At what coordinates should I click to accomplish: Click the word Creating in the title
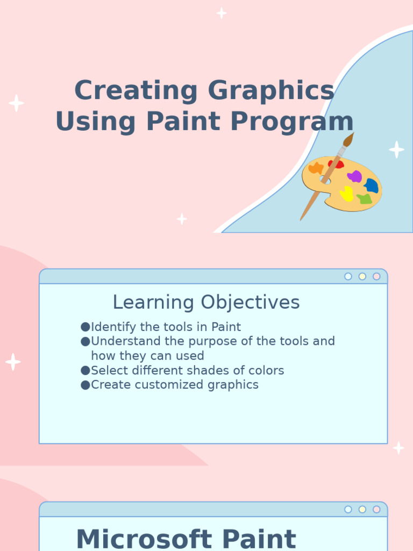pyautogui.click(x=136, y=90)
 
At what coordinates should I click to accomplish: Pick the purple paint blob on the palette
pyautogui.click(x=354, y=176)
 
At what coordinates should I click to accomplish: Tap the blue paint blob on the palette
pyautogui.click(x=372, y=186)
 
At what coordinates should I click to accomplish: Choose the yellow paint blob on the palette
pyautogui.click(x=347, y=193)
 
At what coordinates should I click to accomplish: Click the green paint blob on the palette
pyautogui.click(x=365, y=199)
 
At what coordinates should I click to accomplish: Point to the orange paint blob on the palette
pyautogui.click(x=316, y=168)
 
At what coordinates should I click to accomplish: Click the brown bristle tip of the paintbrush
pyautogui.click(x=348, y=140)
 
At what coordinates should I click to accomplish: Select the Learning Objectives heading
pyautogui.click(x=206, y=302)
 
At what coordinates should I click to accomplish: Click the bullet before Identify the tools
pyautogui.click(x=85, y=327)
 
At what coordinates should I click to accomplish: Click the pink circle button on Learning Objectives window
pyautogui.click(x=376, y=277)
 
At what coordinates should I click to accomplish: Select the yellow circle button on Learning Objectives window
pyautogui.click(x=362, y=277)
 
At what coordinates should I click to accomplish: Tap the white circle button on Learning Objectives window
pyautogui.click(x=348, y=277)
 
